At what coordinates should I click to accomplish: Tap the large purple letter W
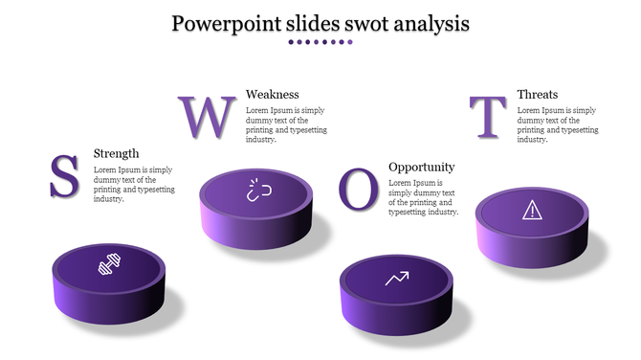coord(206,117)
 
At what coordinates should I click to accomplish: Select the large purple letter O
coord(359,189)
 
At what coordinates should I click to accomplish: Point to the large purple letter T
coord(489,118)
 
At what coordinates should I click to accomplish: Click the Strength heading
coord(116,153)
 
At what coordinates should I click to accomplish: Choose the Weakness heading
coord(272,94)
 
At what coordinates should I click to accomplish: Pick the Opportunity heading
coord(421,167)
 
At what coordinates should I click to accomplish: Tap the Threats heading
coord(537,94)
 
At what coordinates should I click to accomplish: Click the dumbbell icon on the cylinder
coord(108,264)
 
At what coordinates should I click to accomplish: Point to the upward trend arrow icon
coord(396,279)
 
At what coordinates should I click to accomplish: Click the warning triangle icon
coord(531,211)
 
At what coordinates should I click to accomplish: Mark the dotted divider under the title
coord(320,42)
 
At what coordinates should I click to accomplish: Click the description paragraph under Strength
coord(134,184)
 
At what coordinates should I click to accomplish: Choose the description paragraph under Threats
coord(557,124)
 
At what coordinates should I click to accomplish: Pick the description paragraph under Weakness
coord(285,124)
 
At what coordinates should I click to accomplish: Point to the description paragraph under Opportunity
coord(423,197)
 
